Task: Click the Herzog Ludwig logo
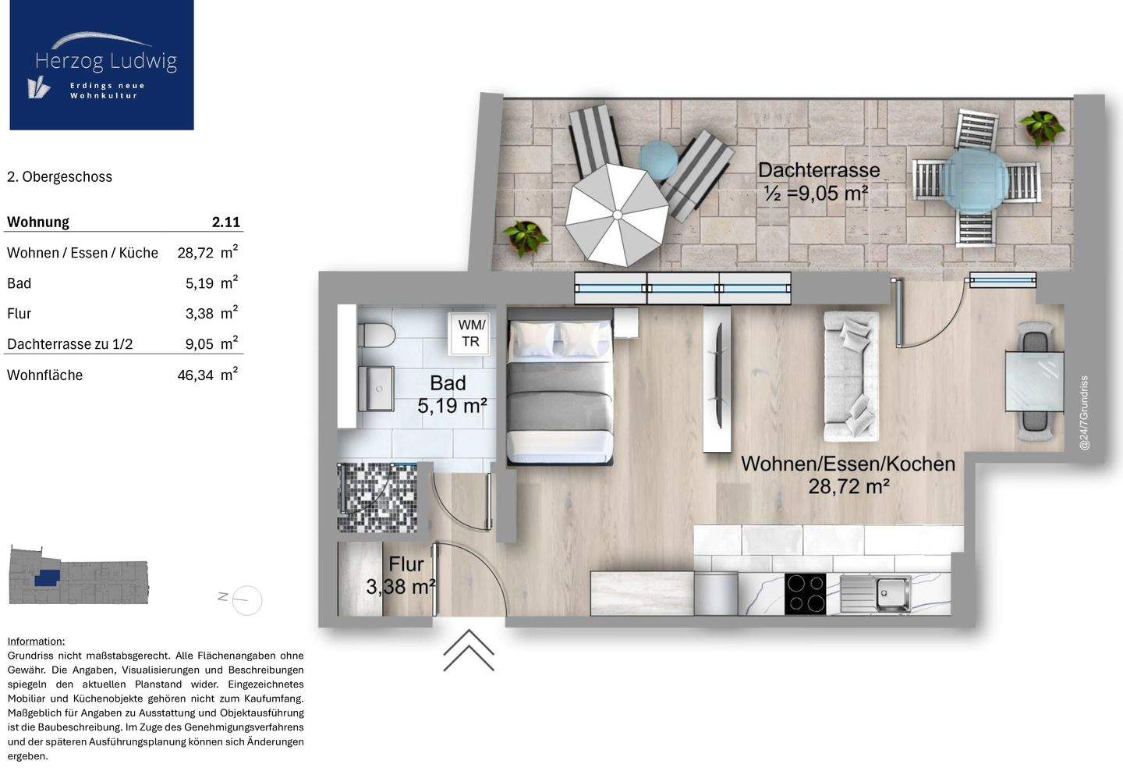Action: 101,65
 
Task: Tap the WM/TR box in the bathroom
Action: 471,333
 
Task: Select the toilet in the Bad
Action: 375,336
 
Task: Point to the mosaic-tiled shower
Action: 377,497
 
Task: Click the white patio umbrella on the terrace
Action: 616,214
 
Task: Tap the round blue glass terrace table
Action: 975,179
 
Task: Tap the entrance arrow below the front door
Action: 469,650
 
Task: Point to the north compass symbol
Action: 246,599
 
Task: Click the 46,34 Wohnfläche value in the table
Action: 196,375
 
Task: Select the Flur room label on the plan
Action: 406,564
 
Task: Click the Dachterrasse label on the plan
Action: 818,170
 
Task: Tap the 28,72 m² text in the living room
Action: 848,487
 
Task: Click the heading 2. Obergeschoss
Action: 59,177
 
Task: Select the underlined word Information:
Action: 36,641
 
